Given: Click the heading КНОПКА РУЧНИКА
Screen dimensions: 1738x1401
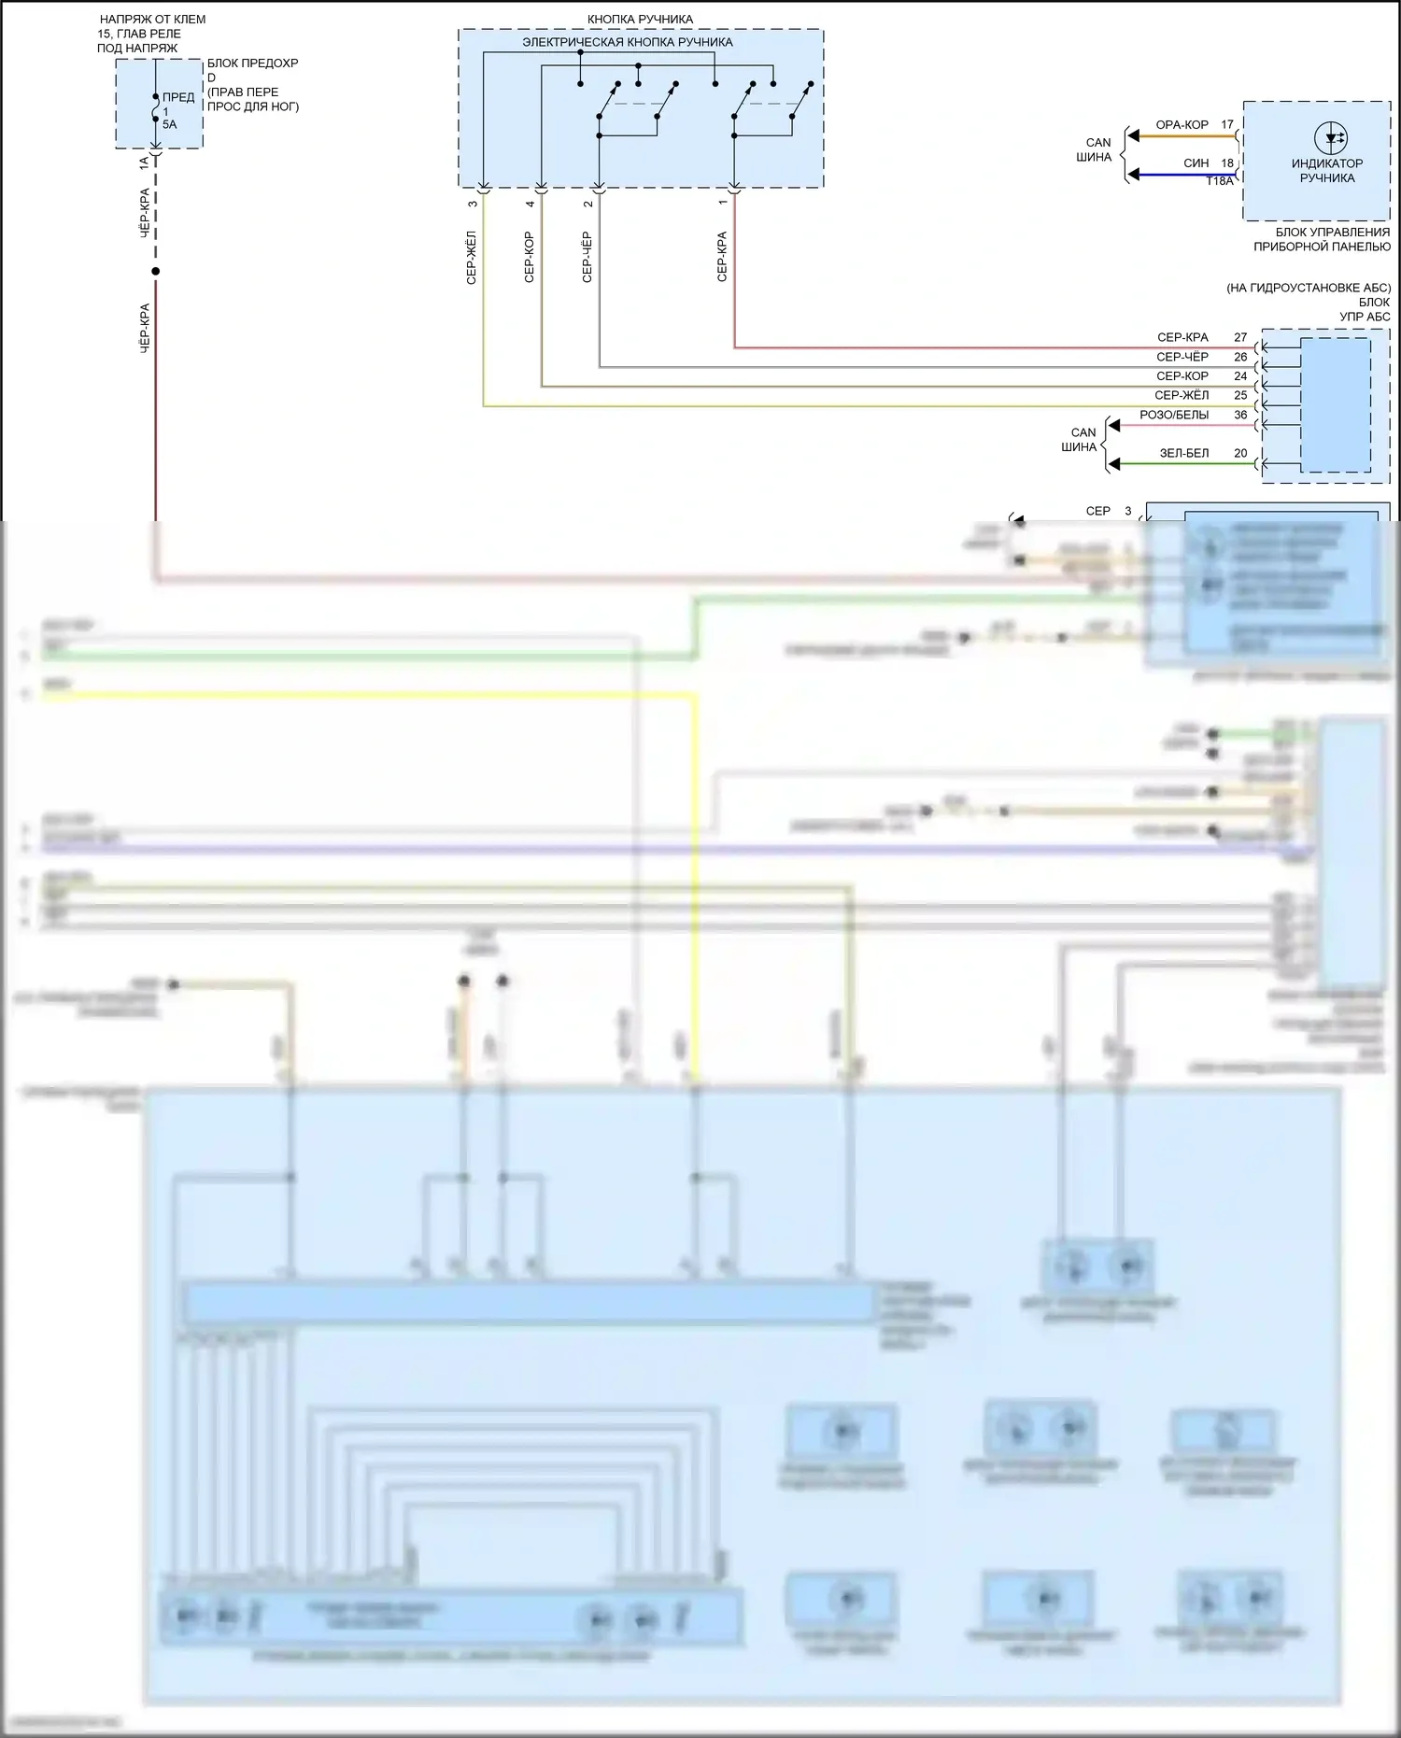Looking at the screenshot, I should tap(640, 20).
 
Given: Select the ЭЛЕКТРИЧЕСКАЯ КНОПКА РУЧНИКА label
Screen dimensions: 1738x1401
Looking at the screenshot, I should tap(627, 42).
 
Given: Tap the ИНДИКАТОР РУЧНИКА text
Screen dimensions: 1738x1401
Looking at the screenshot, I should tap(1326, 171).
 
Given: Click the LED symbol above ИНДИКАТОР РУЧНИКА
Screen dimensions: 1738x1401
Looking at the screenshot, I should tap(1330, 138).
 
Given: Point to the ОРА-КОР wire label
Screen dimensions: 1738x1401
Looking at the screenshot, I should tap(1182, 124).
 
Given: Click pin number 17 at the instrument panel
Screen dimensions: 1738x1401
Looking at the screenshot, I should tap(1227, 124).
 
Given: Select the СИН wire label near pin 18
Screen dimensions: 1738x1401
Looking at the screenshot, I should tap(1196, 163).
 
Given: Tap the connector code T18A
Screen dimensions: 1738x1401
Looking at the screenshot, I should tap(1219, 181).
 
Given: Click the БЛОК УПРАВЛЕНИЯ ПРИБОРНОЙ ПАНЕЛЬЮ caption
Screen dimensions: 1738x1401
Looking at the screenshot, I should tap(1322, 239).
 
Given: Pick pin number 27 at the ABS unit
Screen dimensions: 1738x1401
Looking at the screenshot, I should tap(1240, 337).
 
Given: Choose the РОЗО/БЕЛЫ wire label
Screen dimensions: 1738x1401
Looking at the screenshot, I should tap(1174, 415).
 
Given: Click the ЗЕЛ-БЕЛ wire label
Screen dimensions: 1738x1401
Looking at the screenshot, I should tap(1183, 453).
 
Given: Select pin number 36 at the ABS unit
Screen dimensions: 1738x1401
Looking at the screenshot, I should tap(1240, 415).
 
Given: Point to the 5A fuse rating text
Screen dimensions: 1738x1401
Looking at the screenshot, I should tap(169, 124).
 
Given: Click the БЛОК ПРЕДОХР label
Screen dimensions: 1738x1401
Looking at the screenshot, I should tap(252, 64).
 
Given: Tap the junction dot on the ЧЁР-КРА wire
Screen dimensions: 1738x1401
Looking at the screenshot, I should tap(156, 272).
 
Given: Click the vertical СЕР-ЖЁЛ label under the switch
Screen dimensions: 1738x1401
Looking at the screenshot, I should tap(472, 257).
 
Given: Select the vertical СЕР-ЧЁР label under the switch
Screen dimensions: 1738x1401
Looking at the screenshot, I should tap(587, 257).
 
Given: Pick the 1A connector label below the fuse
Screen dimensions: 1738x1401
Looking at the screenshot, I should tap(144, 162).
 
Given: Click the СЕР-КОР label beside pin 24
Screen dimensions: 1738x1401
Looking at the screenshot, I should tap(1182, 376).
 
